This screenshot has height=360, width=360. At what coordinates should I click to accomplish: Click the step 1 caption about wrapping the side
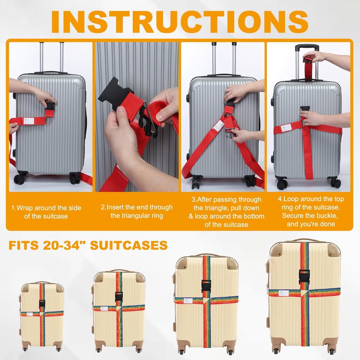(46, 212)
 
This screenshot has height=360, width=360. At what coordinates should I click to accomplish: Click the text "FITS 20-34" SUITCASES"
(88, 245)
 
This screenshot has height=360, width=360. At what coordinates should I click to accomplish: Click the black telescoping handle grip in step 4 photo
(307, 47)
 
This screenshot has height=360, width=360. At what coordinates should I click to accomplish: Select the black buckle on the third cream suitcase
(206, 284)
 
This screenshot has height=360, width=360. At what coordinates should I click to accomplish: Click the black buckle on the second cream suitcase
(119, 296)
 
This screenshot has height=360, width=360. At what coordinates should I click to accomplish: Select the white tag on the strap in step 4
(286, 127)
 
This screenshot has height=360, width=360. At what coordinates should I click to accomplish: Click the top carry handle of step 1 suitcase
(51, 73)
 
